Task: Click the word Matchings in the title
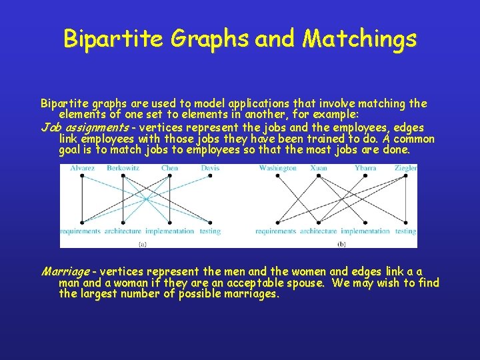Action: tap(359, 39)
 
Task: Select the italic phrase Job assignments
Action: tap(85, 127)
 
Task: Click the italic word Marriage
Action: tap(65, 271)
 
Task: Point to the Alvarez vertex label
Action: tap(82, 168)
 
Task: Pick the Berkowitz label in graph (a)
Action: tap(123, 168)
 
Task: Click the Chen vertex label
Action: tap(169, 168)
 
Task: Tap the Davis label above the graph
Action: tap(210, 168)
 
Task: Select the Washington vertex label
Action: tap(277, 168)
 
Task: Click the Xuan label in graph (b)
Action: tap(319, 168)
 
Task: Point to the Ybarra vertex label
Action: tap(365, 168)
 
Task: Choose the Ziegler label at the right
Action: tap(405, 168)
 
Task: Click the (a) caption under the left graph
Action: tap(142, 244)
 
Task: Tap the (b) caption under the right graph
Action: tap(341, 244)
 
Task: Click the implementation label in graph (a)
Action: tap(169, 231)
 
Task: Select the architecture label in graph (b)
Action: tap(319, 231)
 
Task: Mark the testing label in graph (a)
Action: tap(210, 231)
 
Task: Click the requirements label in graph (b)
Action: tap(276, 231)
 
